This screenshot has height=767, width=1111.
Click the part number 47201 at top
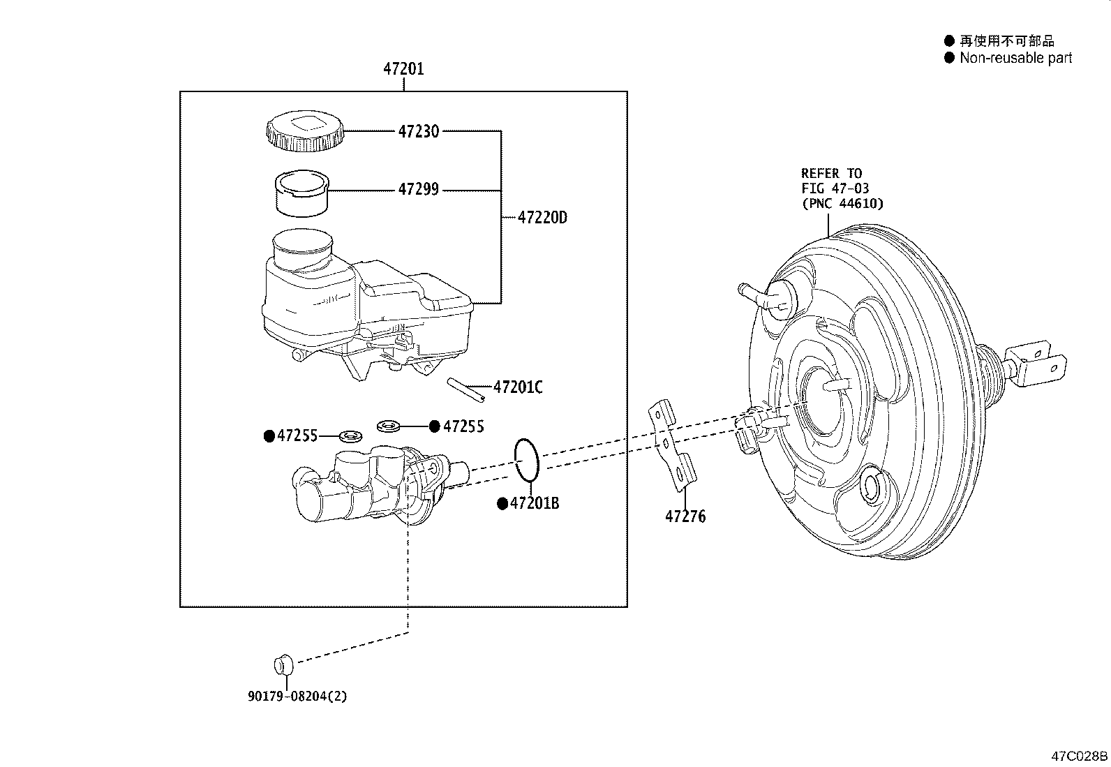[403, 69]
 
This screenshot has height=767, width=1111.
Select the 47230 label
[419, 131]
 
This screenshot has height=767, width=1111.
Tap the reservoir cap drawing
[305, 132]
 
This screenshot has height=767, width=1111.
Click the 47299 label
[419, 190]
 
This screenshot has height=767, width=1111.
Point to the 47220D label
[542, 218]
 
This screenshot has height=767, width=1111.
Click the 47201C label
[517, 387]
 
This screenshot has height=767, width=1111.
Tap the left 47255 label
[297, 436]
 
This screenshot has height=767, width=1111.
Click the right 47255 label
[463, 426]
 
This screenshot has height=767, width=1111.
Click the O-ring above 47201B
[527, 461]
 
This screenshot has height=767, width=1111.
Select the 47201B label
[534, 503]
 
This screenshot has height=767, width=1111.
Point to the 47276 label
[685, 517]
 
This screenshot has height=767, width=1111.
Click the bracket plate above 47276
[673, 443]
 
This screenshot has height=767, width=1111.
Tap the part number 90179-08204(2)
[297, 697]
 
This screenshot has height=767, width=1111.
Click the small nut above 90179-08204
[283, 664]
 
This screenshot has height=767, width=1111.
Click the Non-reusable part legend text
[1015, 59]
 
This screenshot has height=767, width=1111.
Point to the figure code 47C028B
[1080, 757]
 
